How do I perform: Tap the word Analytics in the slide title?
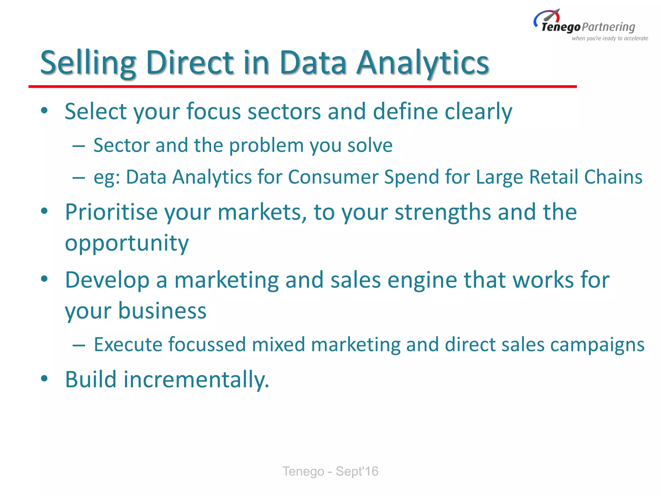coord(423,63)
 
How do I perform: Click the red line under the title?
coord(302,87)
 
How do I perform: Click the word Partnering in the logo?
coord(608,27)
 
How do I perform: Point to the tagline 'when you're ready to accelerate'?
coord(610,38)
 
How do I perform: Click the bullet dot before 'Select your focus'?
coord(45,111)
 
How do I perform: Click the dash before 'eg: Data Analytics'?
coord(79,178)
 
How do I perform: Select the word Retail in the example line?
coord(554,177)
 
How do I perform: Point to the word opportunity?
coord(127,243)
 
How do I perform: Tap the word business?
coord(162,311)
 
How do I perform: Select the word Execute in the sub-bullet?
coord(128,345)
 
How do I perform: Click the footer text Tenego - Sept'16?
coord(330,471)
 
